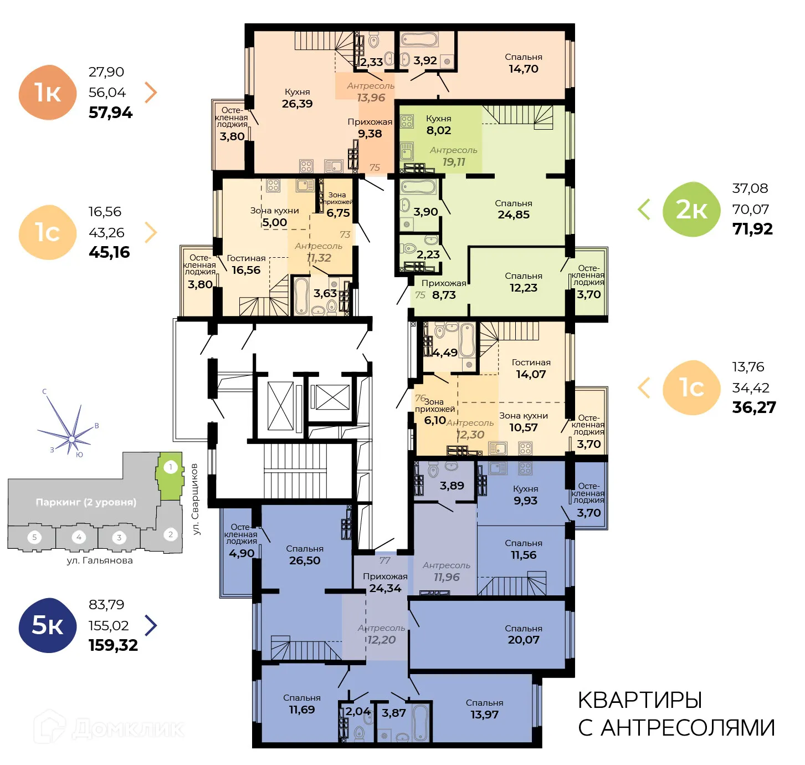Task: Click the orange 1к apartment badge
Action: (x=48, y=93)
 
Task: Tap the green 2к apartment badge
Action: (x=691, y=210)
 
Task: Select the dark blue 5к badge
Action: (x=48, y=625)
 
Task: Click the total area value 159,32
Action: (x=113, y=645)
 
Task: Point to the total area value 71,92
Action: (x=752, y=229)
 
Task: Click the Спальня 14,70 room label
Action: (x=523, y=63)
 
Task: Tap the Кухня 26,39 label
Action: (x=298, y=98)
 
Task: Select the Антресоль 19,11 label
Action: (x=453, y=156)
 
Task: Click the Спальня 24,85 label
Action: (x=513, y=209)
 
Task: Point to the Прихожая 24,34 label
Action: (x=385, y=582)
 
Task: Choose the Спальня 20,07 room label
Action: (x=523, y=634)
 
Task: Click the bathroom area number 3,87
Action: (x=394, y=713)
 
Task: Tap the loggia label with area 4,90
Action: (x=241, y=540)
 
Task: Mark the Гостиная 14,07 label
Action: (x=531, y=369)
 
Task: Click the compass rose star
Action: (x=71, y=438)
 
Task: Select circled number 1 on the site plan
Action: (x=171, y=467)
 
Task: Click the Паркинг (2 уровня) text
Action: (x=85, y=502)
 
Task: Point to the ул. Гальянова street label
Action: (x=100, y=560)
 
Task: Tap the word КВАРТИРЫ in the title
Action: (x=640, y=701)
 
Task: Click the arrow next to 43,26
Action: (x=150, y=233)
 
